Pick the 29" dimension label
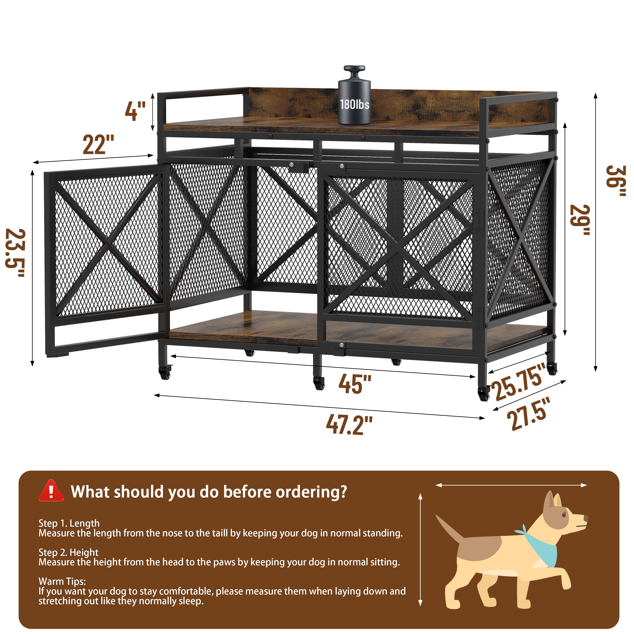pyautogui.click(x=579, y=220)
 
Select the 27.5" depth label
pyautogui.click(x=528, y=414)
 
